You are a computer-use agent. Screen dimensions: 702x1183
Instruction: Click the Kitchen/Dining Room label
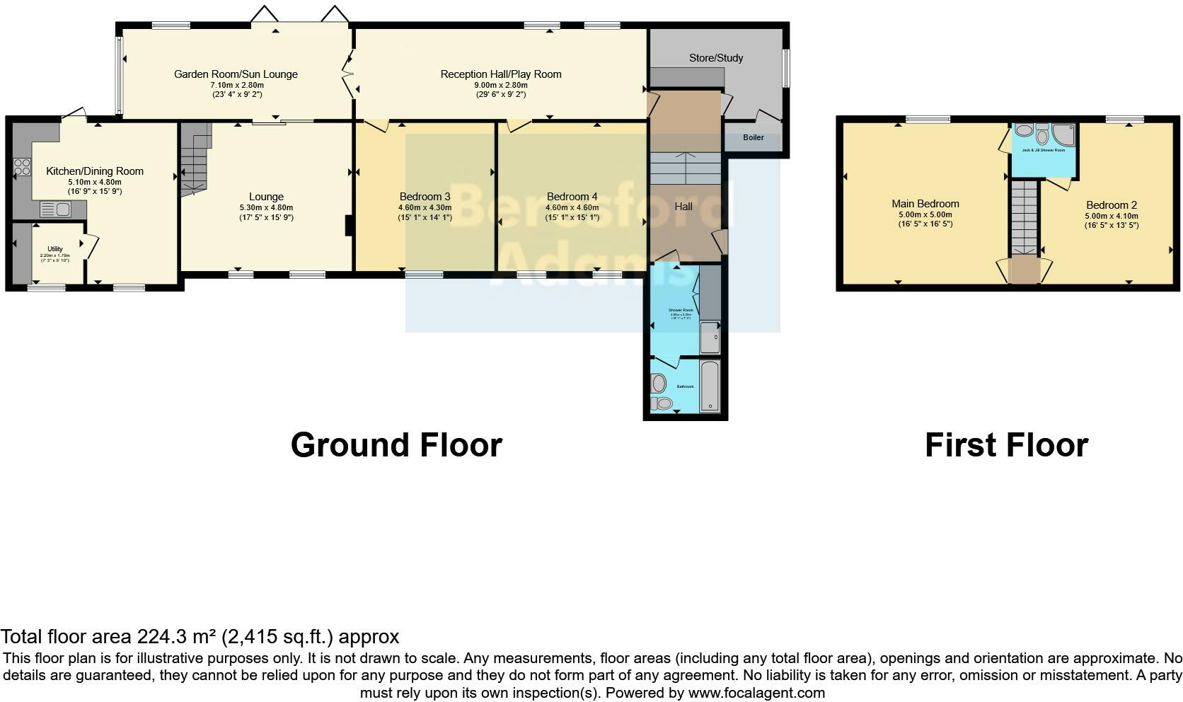point(95,171)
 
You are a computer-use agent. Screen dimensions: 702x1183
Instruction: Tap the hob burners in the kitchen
point(22,167)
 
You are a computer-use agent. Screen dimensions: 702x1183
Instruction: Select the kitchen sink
point(56,209)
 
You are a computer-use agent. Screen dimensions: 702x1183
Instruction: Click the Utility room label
point(55,249)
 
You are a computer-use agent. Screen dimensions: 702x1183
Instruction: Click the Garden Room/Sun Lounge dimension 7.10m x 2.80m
point(236,85)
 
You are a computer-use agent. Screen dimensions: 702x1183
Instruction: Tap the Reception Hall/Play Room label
point(500,74)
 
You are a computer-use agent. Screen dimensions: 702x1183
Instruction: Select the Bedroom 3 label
point(425,197)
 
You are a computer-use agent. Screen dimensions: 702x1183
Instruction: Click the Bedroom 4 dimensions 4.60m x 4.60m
point(572,208)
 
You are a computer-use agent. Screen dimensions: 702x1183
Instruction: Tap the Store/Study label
point(716,58)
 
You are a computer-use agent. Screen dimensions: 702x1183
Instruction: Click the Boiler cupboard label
point(753,137)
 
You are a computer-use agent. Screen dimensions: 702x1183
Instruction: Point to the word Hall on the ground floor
point(683,207)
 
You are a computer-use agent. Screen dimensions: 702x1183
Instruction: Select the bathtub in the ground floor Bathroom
point(710,386)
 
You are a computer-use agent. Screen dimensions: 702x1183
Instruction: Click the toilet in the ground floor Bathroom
point(663,403)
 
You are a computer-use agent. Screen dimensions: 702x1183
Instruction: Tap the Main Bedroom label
point(925,204)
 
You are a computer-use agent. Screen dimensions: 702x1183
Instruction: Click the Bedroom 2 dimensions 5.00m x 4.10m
point(1111,216)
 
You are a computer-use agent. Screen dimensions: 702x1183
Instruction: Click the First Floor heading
point(1005,445)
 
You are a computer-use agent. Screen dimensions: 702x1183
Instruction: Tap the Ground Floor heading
point(396,445)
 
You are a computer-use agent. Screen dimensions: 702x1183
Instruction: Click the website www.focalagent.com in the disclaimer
point(756,693)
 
